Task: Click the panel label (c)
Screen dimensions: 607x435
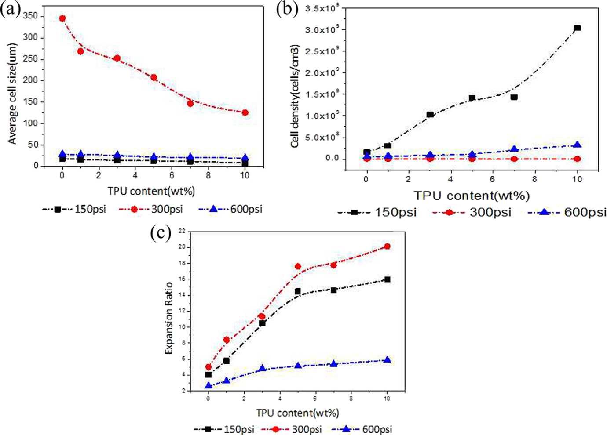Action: [x=161, y=233]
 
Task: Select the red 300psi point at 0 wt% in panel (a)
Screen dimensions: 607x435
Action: [x=62, y=18]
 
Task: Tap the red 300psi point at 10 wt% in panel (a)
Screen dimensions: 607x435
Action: [x=245, y=112]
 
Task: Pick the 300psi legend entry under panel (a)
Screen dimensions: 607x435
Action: [x=151, y=209]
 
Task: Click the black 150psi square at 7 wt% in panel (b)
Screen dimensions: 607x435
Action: [x=514, y=97]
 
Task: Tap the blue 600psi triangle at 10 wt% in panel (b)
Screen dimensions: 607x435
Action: [x=578, y=145]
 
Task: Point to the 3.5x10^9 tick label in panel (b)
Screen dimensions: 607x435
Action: [x=321, y=8]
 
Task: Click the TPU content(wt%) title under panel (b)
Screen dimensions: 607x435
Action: [x=472, y=196]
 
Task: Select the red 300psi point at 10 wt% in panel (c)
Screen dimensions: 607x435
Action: [x=387, y=246]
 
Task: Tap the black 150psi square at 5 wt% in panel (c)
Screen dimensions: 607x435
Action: [x=297, y=291]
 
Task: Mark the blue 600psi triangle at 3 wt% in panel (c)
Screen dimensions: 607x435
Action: [x=262, y=368]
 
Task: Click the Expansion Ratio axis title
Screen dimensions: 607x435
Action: [x=169, y=318]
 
